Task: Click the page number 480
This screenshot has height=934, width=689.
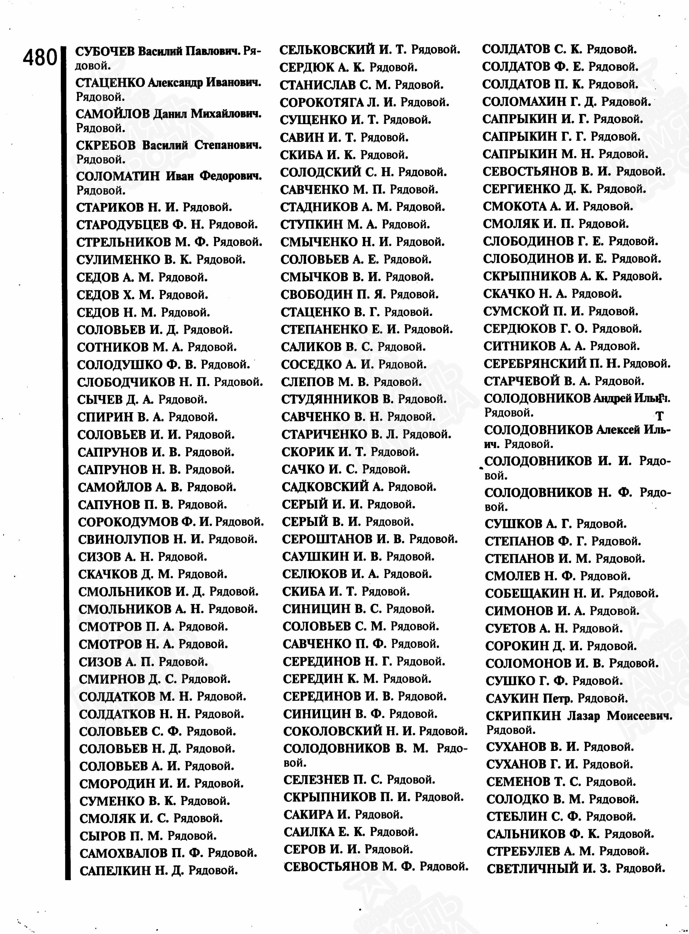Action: tap(39, 58)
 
